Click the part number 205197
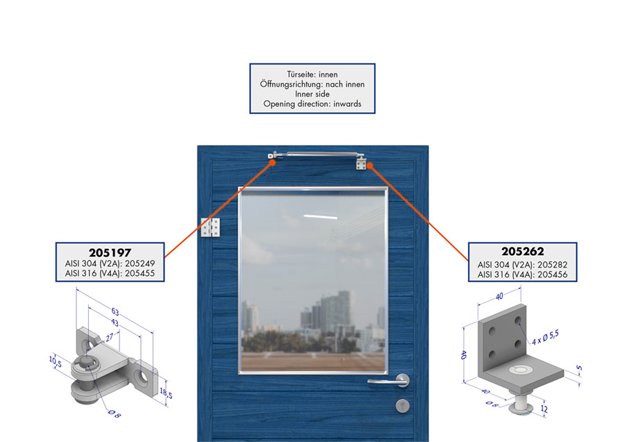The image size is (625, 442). tap(110, 253)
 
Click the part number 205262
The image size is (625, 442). tap(522, 252)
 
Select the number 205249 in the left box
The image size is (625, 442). tap(140, 263)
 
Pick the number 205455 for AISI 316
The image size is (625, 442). tap(140, 273)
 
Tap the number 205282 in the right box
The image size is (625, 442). tap(553, 265)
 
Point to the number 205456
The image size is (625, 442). tap(553, 275)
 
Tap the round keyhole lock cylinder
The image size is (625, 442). tap(403, 406)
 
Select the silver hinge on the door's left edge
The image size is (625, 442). tap(210, 228)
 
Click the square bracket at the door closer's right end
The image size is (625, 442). tap(361, 163)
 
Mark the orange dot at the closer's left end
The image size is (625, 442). tap(272, 163)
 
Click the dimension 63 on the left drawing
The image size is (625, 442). tap(115, 311)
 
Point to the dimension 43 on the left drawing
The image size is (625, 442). tap(115, 322)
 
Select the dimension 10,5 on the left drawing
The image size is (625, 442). tap(56, 361)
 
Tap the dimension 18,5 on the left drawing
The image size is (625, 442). tap(166, 393)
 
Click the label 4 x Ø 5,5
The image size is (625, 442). tap(545, 338)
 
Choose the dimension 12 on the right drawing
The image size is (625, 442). tap(544, 409)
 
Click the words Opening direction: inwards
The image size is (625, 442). tap(312, 104)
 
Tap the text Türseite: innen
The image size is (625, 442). tap(312, 74)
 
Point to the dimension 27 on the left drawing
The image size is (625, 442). tap(110, 338)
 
